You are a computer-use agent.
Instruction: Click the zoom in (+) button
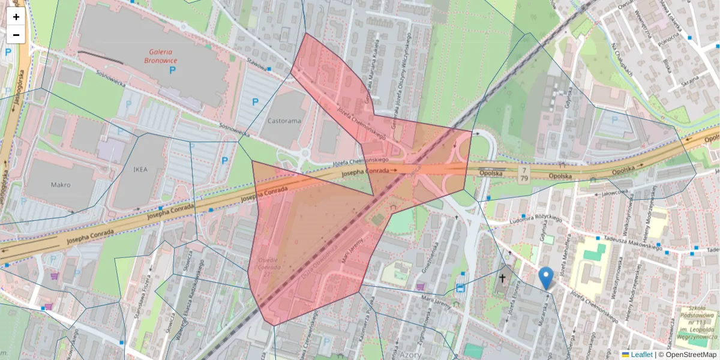(16, 17)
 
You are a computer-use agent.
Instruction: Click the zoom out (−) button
(16, 35)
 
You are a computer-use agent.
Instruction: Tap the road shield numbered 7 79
(523, 175)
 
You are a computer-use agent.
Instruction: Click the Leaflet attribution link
(641, 355)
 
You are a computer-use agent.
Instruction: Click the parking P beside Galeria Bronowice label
(173, 71)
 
